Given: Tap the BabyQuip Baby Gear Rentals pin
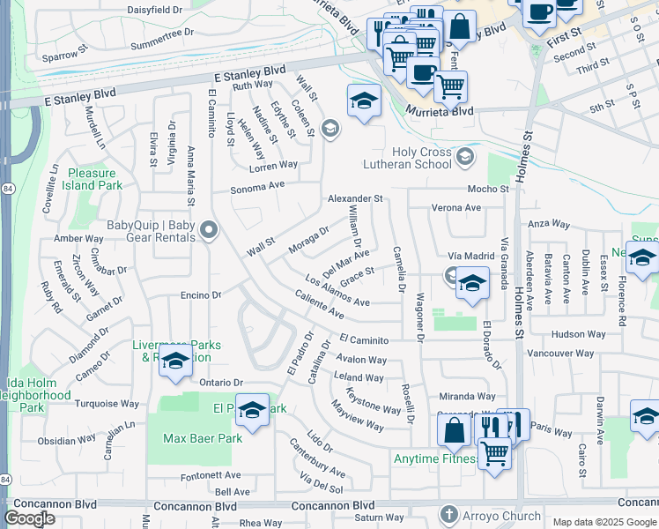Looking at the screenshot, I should coord(209,232).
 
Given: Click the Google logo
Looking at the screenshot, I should coord(30,518).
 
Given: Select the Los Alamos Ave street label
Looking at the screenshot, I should coord(337,291).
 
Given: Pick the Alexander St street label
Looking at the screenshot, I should coord(355,199).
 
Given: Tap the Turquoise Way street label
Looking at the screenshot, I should coord(107,404).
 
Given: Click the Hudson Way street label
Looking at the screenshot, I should coord(579,334).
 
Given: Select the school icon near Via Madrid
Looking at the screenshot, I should coord(472,284).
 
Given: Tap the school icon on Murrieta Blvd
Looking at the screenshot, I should coord(361,101).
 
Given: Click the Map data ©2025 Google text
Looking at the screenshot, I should coord(603,522).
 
